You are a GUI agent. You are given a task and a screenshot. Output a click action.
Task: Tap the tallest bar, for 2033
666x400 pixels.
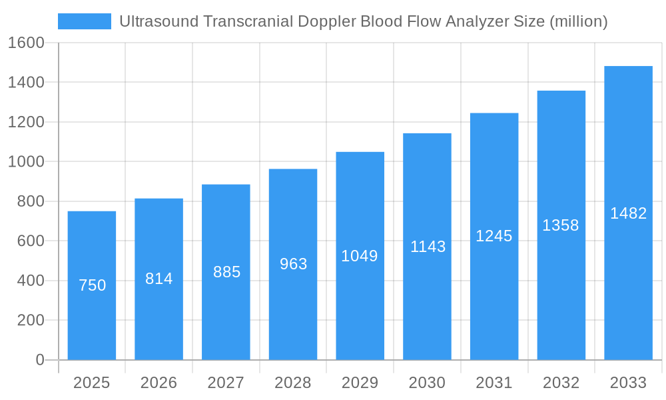tap(628, 280)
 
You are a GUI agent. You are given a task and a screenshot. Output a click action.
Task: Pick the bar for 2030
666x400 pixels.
tap(427, 300)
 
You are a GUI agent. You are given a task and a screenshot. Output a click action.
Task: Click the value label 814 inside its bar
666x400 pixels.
tap(159, 279)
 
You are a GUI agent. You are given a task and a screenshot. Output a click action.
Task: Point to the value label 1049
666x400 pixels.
tap(360, 256)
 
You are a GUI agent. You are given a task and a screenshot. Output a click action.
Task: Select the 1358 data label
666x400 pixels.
tap(561, 225)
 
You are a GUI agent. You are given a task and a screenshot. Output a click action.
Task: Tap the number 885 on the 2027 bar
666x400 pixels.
tap(226, 272)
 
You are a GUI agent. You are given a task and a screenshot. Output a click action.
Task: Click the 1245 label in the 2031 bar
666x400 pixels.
tap(494, 236)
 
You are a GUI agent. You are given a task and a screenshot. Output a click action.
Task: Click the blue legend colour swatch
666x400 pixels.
tap(85, 21)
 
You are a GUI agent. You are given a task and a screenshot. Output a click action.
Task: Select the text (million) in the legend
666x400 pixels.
tap(578, 21)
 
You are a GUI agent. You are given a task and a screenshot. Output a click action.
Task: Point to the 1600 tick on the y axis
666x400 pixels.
tap(26, 43)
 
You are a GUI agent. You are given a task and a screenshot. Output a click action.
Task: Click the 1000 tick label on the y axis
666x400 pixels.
tap(26, 161)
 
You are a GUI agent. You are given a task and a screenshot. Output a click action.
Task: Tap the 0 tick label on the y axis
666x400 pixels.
tap(39, 360)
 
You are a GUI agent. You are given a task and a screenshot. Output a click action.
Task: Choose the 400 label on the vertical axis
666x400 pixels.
tap(30, 281)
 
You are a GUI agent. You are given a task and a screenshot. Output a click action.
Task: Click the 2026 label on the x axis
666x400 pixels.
tap(159, 383)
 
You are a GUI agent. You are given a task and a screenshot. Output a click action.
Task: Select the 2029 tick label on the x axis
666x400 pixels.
tap(360, 383)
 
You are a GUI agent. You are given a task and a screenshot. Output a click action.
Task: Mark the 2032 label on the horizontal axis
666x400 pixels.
tap(561, 383)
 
